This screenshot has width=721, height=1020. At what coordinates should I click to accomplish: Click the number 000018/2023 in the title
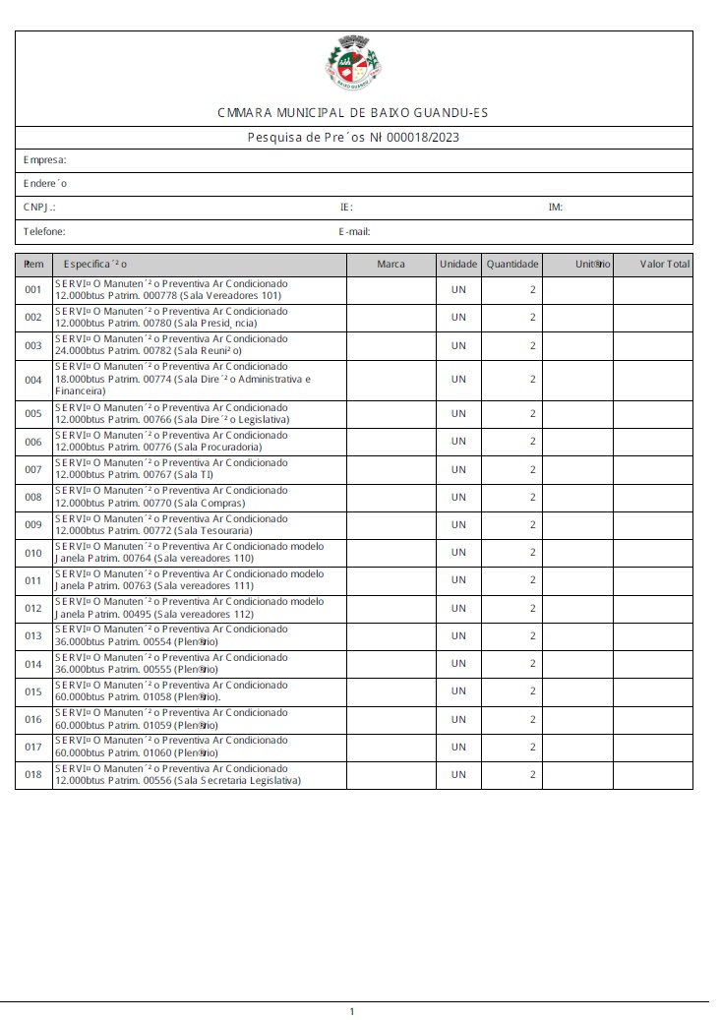(423, 138)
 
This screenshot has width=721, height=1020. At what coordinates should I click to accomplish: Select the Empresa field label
(45, 159)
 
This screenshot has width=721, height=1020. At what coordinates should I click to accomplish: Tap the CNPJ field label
(39, 208)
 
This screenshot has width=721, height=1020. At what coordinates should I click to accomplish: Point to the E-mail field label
(353, 232)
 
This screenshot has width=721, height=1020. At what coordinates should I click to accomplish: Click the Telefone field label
(44, 232)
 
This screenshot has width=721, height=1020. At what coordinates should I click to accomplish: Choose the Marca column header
(391, 265)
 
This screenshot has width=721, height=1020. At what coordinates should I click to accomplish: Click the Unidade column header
(458, 265)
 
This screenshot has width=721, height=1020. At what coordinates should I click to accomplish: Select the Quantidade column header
(512, 265)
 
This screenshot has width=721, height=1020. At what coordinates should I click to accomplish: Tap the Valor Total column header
(665, 265)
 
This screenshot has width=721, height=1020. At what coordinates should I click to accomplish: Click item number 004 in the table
(33, 380)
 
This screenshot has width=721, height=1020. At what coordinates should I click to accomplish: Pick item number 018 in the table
(33, 775)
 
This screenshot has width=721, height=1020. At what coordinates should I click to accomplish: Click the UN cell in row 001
(458, 290)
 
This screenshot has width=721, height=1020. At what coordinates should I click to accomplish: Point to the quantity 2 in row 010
(532, 553)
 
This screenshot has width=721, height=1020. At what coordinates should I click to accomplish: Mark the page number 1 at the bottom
(352, 1011)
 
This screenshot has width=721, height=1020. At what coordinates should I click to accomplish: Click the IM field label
(556, 208)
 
